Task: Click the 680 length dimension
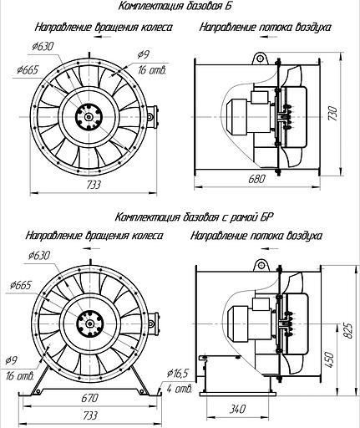[x=256, y=179]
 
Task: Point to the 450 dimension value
[x=329, y=359]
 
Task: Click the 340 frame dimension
[x=237, y=409]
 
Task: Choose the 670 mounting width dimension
[x=89, y=398]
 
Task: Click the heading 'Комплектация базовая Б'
[x=175, y=6]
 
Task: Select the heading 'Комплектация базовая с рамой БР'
[x=194, y=217]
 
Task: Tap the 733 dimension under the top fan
[x=94, y=185]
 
